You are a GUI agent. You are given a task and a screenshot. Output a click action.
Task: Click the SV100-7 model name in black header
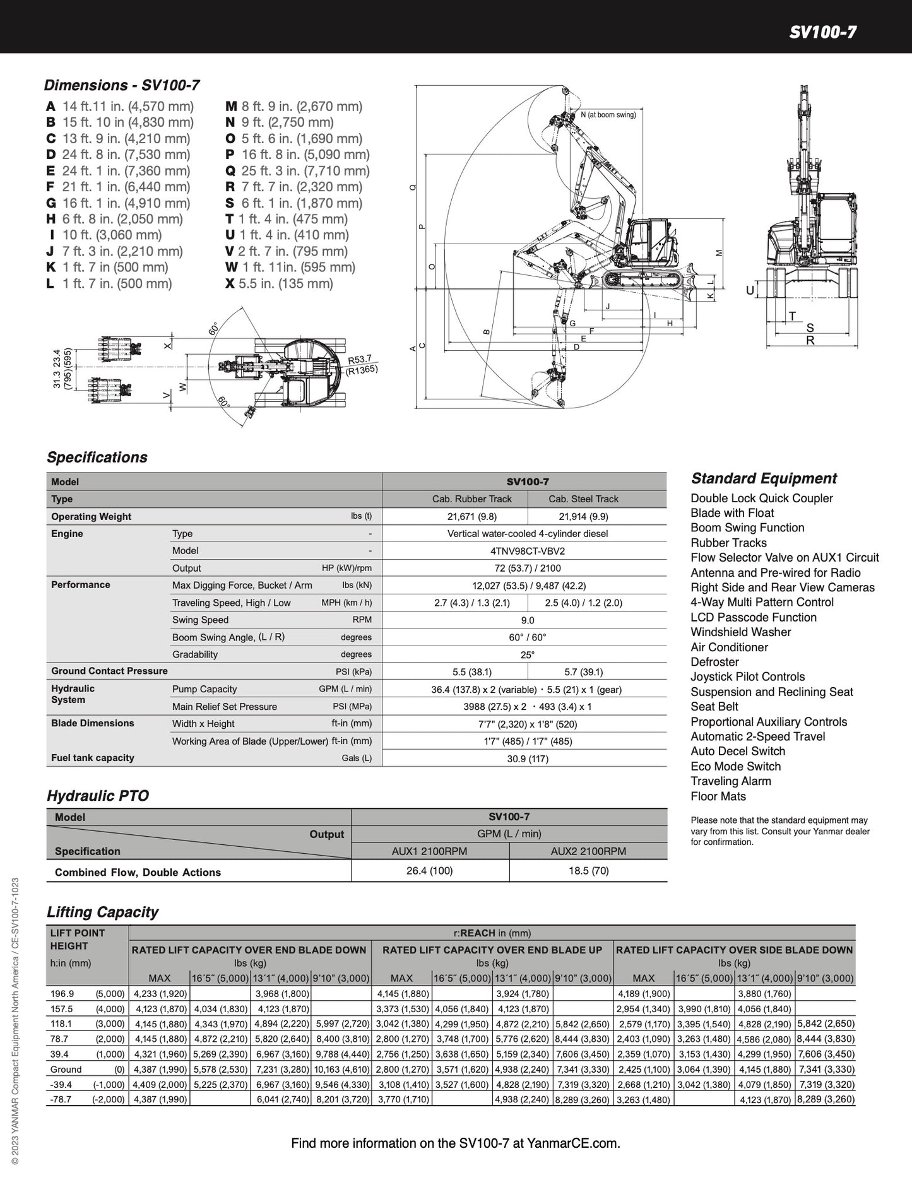point(822,32)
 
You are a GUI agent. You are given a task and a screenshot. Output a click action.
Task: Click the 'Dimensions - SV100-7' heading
point(122,85)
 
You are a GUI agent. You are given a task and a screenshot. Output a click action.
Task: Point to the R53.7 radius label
point(360,359)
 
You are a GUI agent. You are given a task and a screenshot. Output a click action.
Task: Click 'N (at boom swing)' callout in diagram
point(608,115)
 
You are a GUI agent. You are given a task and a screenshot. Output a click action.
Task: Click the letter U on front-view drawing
point(750,291)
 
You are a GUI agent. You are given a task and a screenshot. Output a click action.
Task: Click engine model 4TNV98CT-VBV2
point(528,551)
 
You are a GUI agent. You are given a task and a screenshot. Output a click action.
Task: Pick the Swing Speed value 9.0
point(528,620)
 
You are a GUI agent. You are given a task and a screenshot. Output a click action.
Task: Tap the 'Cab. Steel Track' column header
point(583,499)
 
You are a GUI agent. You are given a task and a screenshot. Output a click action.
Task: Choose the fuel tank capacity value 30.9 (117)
point(528,758)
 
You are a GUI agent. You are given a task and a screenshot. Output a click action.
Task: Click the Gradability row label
point(195,654)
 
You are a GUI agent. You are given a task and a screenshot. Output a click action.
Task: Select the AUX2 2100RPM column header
point(588,851)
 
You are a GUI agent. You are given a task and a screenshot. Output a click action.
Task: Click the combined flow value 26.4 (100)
point(430,871)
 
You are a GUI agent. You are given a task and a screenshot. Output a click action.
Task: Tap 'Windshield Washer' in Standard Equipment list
point(740,632)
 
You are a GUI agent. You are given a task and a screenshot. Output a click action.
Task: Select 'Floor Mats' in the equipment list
point(718,796)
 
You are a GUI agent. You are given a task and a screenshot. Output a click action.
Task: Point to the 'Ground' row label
point(66,1069)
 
